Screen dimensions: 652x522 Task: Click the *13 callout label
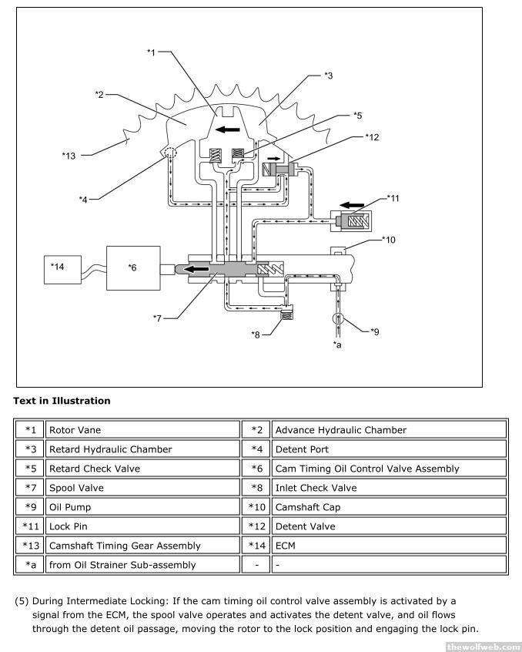click(69, 155)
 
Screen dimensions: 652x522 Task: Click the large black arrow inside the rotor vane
click(226, 129)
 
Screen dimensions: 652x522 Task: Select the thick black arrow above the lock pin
click(353, 205)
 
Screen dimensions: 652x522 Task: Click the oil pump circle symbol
click(337, 318)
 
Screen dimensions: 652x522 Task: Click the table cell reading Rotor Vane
click(143, 430)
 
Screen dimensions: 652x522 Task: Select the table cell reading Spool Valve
click(143, 488)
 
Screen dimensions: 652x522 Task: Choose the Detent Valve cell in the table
click(389, 526)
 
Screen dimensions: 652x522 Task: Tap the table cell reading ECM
click(389, 546)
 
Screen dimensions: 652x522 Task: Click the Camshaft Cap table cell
click(389, 507)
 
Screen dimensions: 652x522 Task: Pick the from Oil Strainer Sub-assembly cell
click(143, 565)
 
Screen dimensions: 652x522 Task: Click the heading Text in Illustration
click(62, 401)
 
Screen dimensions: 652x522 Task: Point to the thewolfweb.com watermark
click(483, 646)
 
